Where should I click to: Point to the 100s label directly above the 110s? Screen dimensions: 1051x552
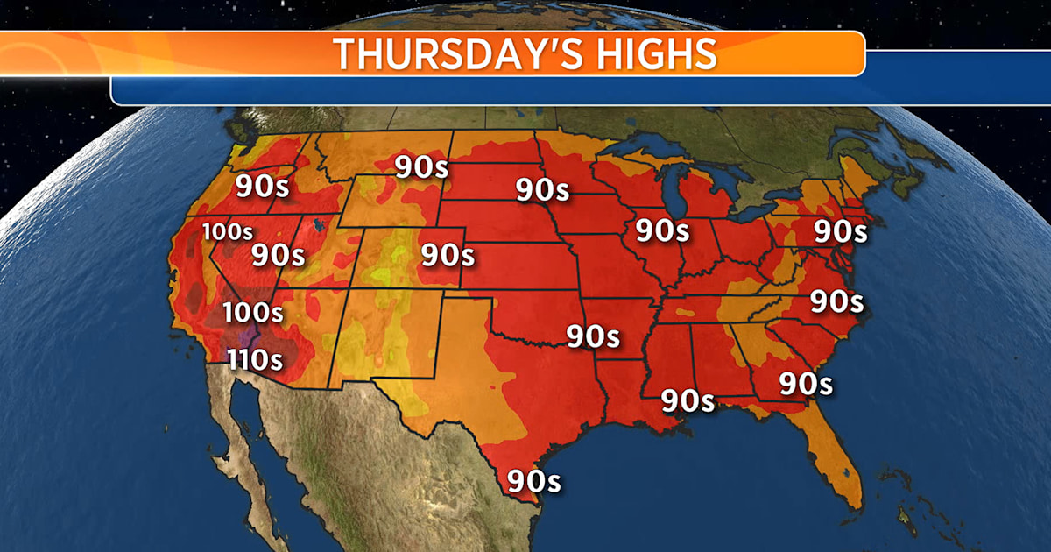pos(252,311)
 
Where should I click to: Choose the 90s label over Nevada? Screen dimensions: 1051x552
pos(278,255)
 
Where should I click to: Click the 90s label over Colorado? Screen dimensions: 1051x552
pos(448,255)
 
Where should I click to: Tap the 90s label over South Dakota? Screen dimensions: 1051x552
pos(542,188)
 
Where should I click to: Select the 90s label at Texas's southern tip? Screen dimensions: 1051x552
pos(533,481)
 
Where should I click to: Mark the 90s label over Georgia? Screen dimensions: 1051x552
pos(806,383)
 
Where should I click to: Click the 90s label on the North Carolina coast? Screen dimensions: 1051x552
pos(836,301)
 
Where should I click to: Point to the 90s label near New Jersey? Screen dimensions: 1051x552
pos(840,231)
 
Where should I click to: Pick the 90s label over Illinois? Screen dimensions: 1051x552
pos(661,230)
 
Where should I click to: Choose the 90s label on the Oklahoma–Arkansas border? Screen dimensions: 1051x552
pos(593,336)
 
